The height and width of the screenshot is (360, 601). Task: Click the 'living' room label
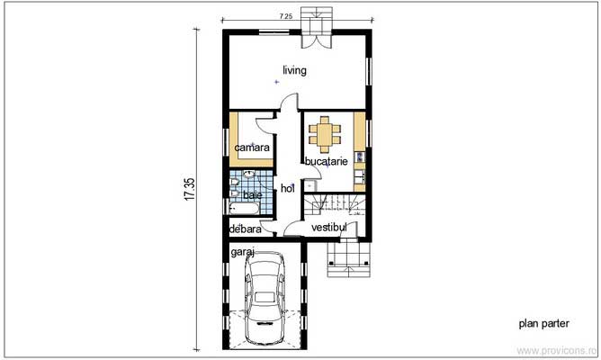coord(294,70)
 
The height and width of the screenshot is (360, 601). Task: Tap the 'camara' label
coord(252,148)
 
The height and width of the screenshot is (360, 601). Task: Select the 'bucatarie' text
coord(327,161)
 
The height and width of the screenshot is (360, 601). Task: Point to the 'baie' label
coord(253,194)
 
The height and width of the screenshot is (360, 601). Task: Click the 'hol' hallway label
coord(288,188)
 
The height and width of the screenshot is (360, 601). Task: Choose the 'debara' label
coord(246,229)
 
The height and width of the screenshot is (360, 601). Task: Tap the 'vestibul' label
coord(329,228)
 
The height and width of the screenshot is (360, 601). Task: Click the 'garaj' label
coord(243,252)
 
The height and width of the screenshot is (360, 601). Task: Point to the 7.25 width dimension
coord(285,16)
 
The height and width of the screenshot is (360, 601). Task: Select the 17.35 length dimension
coord(190,189)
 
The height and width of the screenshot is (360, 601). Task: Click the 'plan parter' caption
coord(544,324)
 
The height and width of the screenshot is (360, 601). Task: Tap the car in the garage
coord(265,298)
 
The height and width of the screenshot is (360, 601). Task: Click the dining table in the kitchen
coord(325,135)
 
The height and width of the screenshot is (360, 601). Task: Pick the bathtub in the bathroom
coord(245,209)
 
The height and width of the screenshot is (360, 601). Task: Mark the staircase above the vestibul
coord(335,204)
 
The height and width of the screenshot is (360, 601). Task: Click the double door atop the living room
coord(316,40)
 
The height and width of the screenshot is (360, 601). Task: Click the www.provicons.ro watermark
coord(557,350)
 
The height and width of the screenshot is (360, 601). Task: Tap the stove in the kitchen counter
coord(360,157)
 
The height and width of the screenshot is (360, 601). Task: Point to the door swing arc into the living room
coord(288,101)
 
